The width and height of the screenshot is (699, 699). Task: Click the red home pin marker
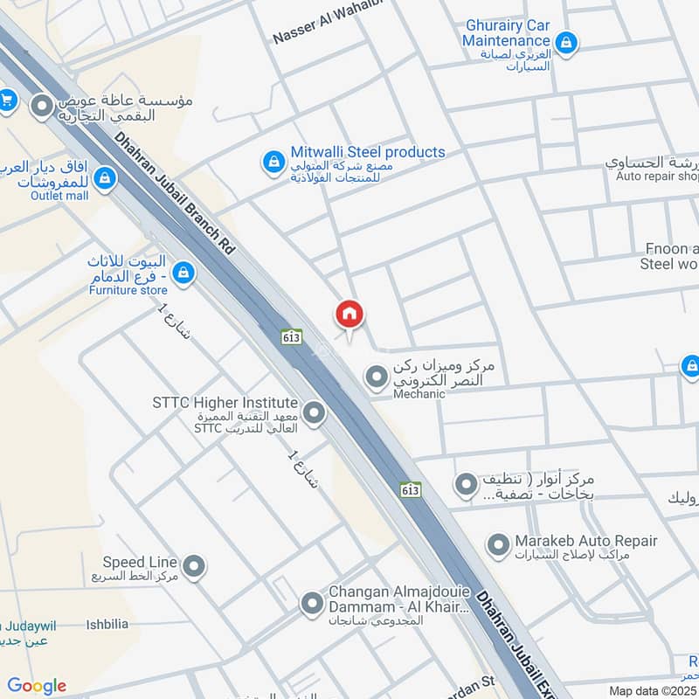tap(349, 315)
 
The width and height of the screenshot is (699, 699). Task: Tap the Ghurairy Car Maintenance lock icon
tap(566, 41)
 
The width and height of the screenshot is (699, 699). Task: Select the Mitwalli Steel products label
tap(368, 152)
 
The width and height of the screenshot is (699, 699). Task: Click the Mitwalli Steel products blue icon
tap(273, 162)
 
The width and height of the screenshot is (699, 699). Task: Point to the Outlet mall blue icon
tap(104, 179)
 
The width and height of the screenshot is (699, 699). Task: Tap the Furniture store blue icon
tap(183, 273)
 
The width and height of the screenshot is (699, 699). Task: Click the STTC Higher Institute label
tap(225, 403)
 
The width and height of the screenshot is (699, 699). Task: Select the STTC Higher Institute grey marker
tap(313, 413)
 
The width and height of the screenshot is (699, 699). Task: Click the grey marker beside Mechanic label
tap(377, 377)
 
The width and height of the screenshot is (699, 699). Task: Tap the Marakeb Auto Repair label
tap(585, 541)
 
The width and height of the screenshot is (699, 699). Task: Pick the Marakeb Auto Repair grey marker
tap(498, 547)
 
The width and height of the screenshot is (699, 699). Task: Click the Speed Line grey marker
tap(194, 567)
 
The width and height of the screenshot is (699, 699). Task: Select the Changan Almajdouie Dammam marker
tap(312, 603)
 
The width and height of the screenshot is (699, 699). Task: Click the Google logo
tap(37, 686)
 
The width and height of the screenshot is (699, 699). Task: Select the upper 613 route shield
tap(292, 336)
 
